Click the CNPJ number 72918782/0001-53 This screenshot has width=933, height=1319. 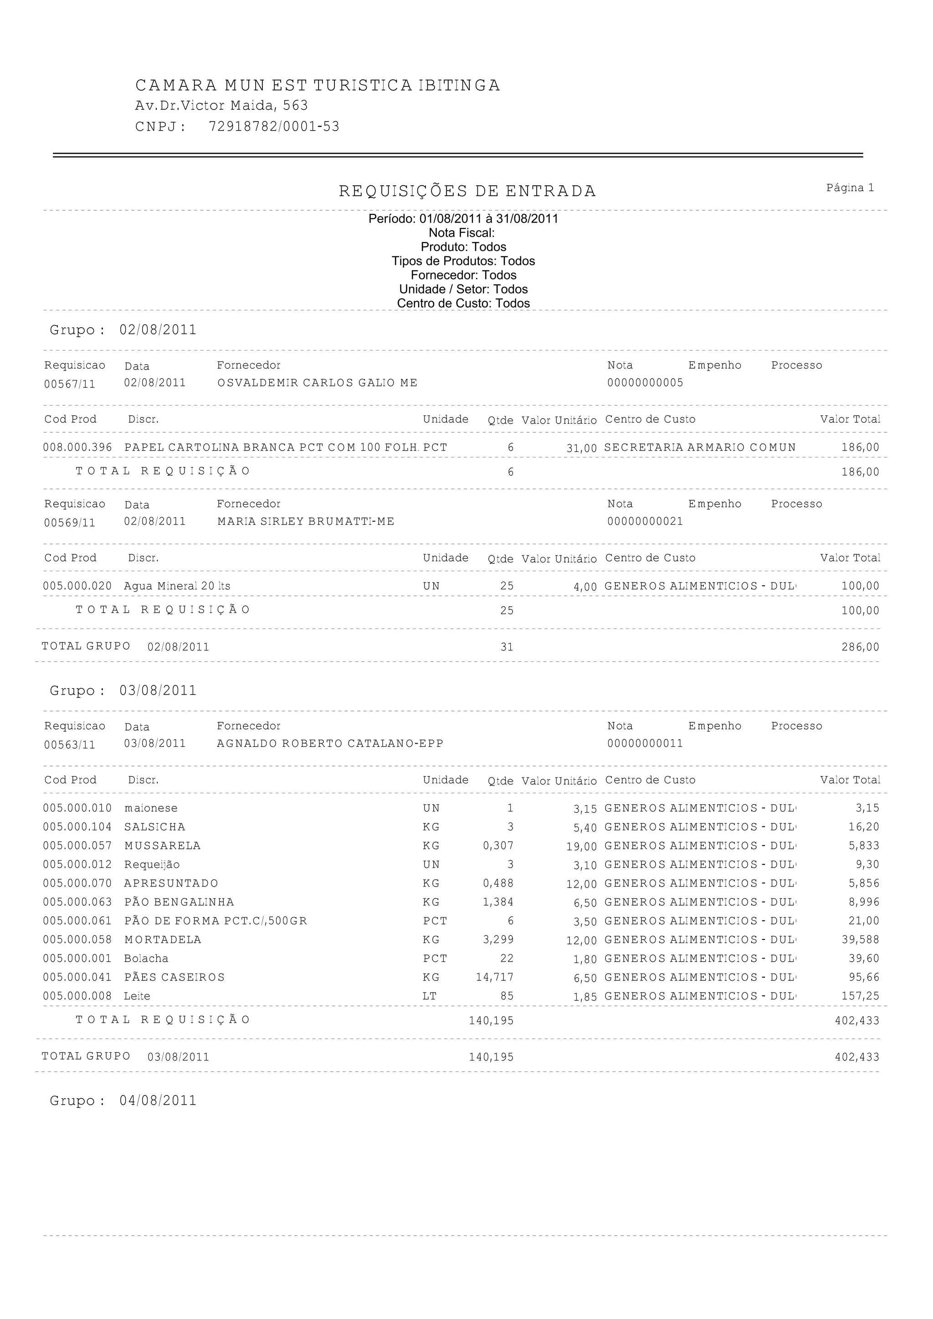point(274,127)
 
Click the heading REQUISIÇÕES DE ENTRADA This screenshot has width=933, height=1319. point(467,191)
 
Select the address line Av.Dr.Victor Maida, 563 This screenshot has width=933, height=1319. point(221,106)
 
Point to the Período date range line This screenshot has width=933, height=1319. point(463,219)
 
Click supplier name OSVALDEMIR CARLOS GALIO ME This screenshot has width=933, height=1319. point(318,383)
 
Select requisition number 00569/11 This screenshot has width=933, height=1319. point(70,523)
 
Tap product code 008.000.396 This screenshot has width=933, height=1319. point(77,447)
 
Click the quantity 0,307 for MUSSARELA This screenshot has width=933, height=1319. point(498,846)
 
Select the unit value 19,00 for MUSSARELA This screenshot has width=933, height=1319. point(582,847)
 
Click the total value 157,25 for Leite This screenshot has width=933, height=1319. point(860,996)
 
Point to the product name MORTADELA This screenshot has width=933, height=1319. point(163,940)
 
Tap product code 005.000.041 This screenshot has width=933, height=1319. point(77,977)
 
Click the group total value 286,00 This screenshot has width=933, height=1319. point(860,647)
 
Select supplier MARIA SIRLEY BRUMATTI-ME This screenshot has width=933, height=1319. point(306,522)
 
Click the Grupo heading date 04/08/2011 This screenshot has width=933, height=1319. point(158,1101)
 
